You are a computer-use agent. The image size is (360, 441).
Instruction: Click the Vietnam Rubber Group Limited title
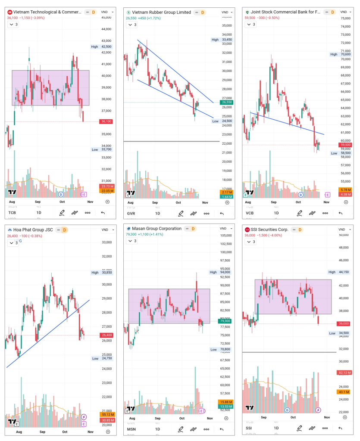click(161, 12)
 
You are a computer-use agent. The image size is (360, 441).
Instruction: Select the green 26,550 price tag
click(227, 102)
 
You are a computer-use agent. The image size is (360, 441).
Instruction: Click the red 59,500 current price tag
click(346, 145)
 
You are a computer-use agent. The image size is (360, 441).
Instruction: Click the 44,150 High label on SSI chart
click(344, 272)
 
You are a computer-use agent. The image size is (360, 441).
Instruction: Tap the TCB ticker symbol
click(12, 213)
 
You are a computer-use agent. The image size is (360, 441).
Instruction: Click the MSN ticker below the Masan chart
click(131, 429)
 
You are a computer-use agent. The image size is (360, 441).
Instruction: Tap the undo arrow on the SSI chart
click(341, 428)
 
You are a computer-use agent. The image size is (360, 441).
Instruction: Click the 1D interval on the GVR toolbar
click(157, 213)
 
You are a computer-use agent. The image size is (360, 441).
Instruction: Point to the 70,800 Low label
click(225, 349)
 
